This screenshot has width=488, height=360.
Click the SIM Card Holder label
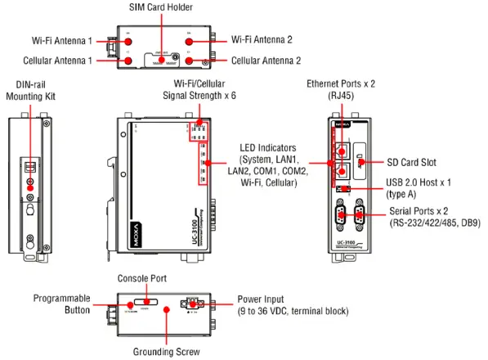(160, 7)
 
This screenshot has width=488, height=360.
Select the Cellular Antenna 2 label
(266, 61)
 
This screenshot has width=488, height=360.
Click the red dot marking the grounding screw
(166, 309)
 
